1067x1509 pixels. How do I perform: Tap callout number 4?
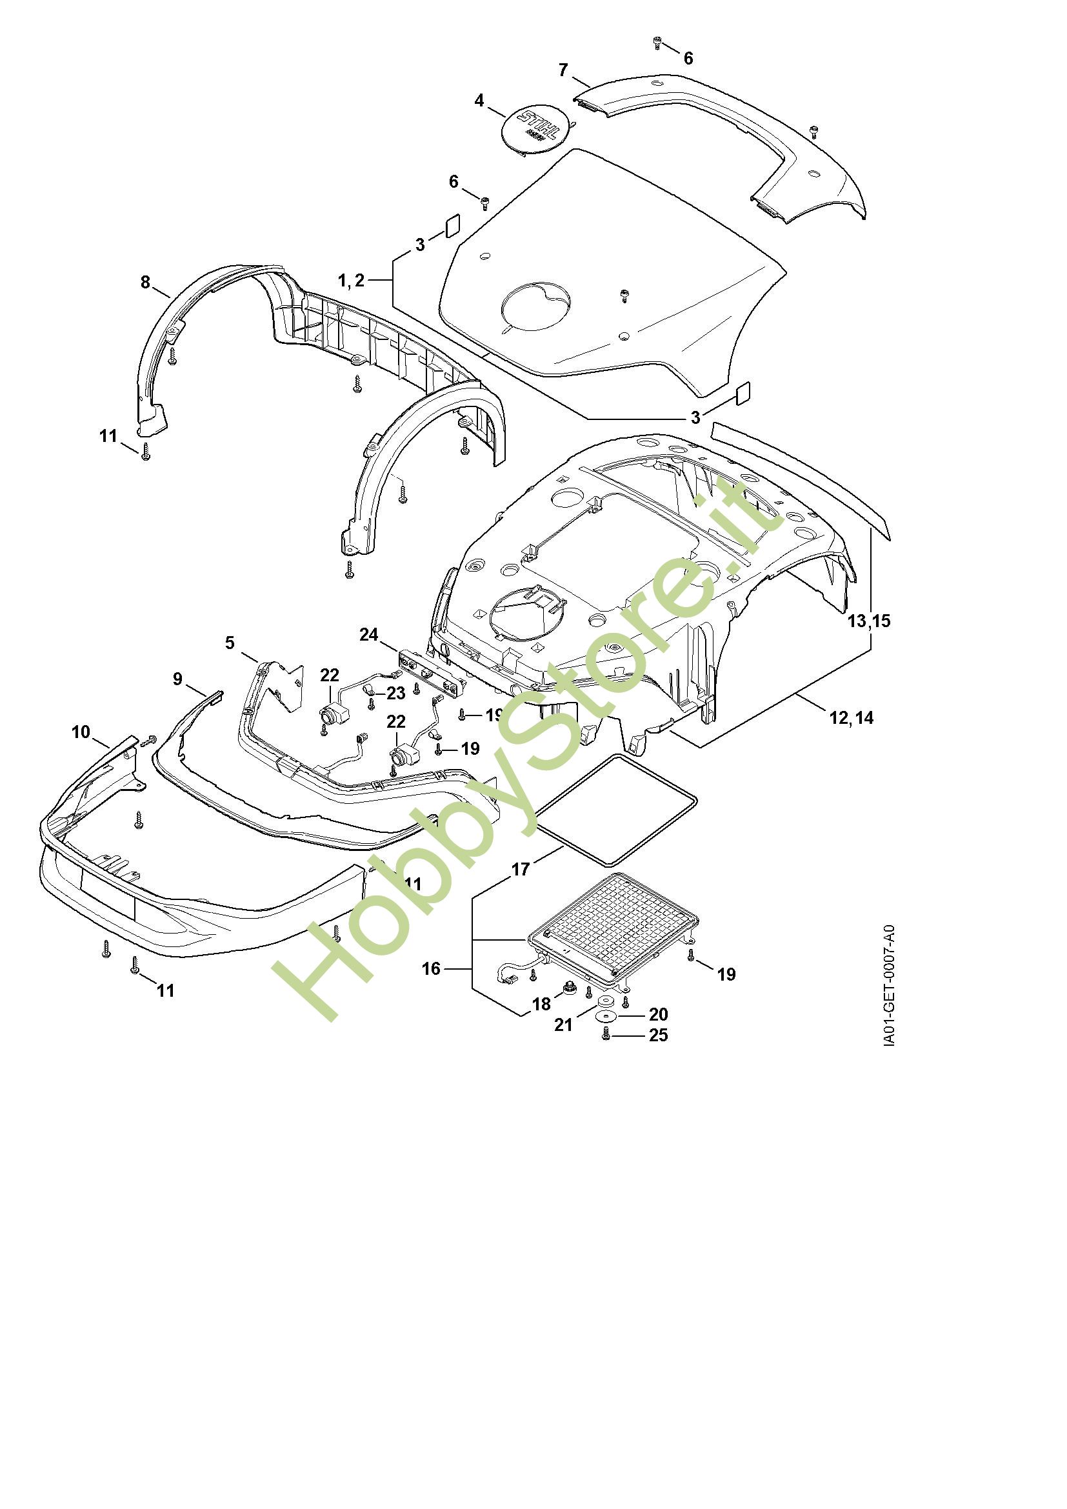[x=479, y=101]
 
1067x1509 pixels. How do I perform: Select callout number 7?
[x=563, y=70]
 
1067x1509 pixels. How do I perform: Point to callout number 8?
[x=145, y=282]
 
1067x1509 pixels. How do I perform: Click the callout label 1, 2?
[x=351, y=281]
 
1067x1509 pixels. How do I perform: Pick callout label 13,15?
[x=869, y=621]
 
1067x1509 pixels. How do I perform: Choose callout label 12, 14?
[x=852, y=717]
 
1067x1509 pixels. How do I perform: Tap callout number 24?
[x=368, y=634]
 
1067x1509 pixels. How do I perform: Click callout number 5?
[x=230, y=642]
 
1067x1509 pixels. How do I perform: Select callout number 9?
[x=178, y=678]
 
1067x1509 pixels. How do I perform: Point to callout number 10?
[x=81, y=732]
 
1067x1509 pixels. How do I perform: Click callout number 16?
[x=431, y=968]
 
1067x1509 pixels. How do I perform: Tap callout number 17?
[x=521, y=870]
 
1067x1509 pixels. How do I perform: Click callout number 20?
[x=659, y=1015]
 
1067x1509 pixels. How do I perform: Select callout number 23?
[x=395, y=694]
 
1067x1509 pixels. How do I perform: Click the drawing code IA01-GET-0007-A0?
[x=888, y=986]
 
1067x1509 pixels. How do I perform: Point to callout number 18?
[x=541, y=1004]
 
